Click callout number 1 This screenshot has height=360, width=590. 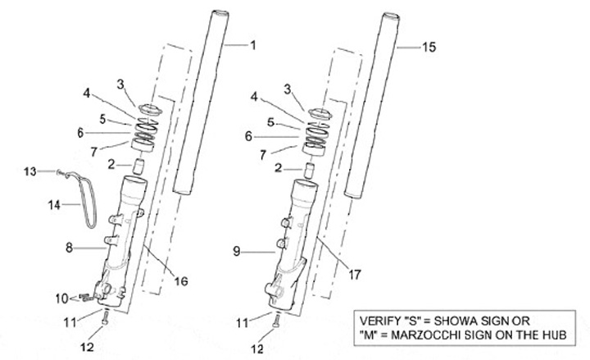tap(252, 45)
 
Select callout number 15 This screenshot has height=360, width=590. tap(429, 48)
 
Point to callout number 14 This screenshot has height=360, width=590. tap(53, 207)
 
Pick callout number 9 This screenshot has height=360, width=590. tap(237, 253)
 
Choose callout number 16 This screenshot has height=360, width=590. tap(181, 281)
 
